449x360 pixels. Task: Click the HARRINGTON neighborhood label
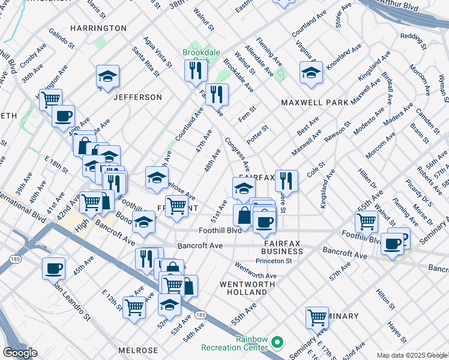98,28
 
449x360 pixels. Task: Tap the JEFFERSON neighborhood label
137,97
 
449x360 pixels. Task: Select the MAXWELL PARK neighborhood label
315,103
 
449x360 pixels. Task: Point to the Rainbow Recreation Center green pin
277,343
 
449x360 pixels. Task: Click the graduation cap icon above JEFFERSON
107,76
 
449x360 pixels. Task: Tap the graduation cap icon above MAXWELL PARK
311,73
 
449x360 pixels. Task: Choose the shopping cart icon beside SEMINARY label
317,316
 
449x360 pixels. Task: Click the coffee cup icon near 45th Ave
53,268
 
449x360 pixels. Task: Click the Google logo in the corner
20,353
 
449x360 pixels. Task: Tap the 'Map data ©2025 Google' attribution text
412,355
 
